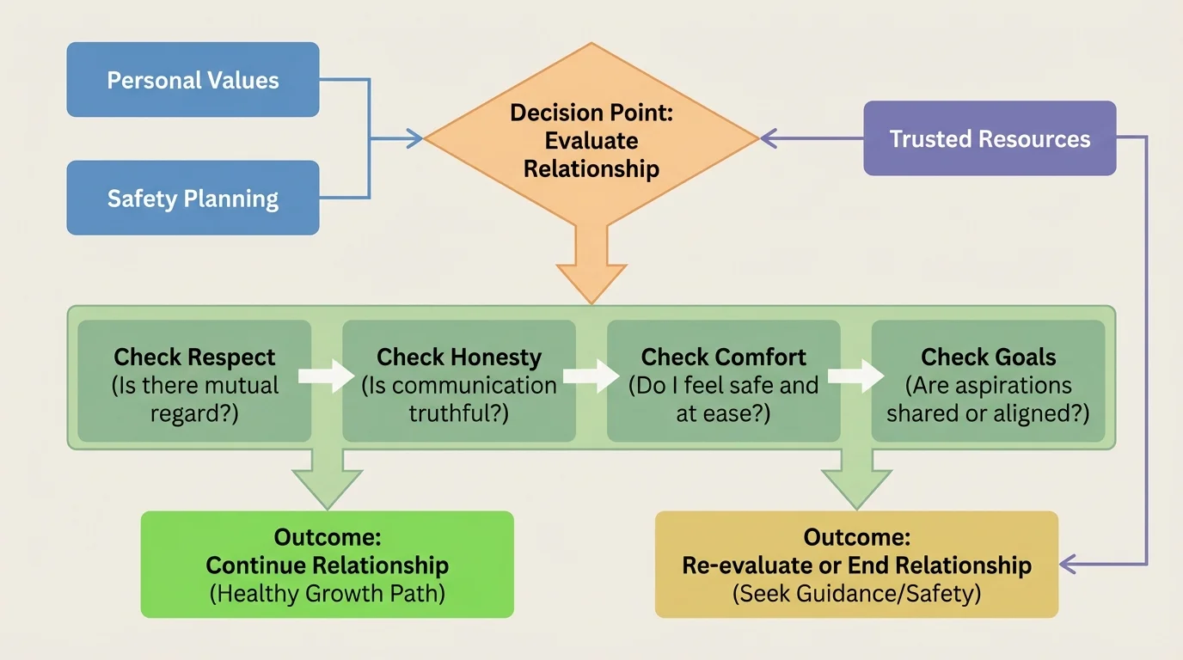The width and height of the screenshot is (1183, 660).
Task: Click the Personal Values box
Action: pos(193,80)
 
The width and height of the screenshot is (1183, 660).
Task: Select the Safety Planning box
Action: pos(193,198)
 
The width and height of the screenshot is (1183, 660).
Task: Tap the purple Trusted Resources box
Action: pos(990,138)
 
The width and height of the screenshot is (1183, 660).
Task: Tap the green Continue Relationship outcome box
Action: pos(327,565)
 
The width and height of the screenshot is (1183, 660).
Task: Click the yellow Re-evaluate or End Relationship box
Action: pos(856,565)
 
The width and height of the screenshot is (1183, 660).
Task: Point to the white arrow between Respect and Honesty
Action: pos(327,376)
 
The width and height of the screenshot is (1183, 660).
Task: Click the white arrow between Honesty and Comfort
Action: pos(591,376)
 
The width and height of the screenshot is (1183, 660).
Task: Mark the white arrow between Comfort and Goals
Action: pos(855,376)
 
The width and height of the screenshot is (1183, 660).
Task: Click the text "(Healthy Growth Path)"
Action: pos(327,594)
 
